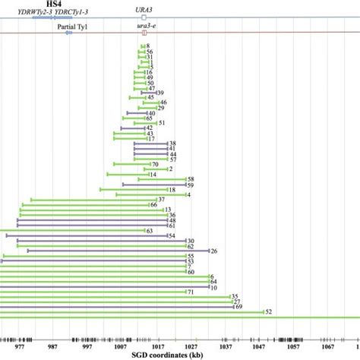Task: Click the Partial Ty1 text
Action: (72, 26)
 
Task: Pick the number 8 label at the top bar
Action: (148, 47)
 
